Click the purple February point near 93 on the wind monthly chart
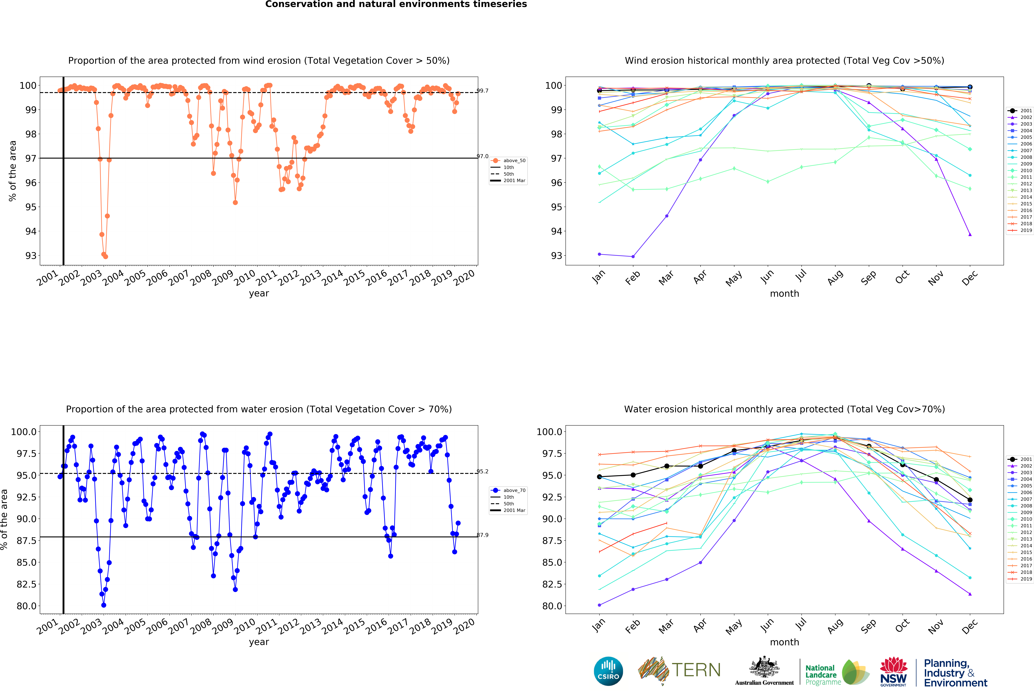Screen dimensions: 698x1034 633,256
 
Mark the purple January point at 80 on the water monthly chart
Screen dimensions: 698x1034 599,605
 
